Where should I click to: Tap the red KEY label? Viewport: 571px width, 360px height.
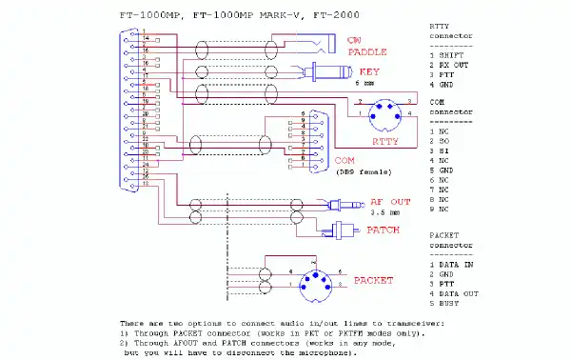click(367, 72)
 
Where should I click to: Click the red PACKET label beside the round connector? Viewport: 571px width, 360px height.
click(373, 281)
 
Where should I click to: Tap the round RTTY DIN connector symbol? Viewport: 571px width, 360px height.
click(384, 115)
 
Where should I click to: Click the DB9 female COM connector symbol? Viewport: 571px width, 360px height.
click(310, 138)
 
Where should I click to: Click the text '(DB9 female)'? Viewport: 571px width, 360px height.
click(359, 172)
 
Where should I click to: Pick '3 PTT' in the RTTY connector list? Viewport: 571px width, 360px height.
click(441, 74)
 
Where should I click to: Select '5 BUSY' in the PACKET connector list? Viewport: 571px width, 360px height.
click(443, 305)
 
